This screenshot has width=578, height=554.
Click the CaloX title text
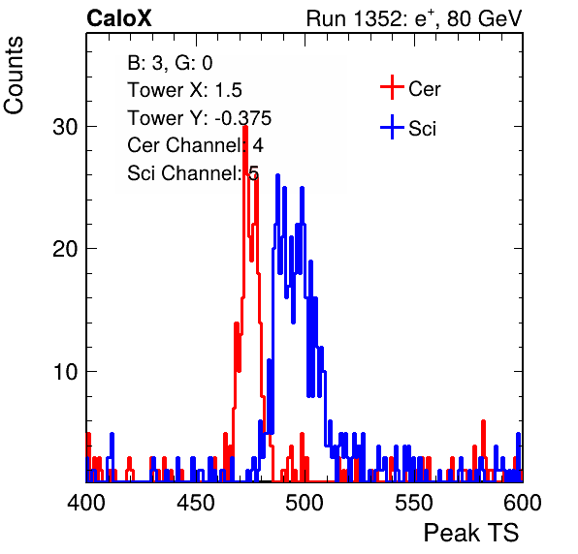click(x=119, y=18)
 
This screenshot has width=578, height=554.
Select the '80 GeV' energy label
click(x=484, y=18)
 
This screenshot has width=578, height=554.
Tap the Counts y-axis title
click(x=14, y=76)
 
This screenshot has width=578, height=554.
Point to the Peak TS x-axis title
click(x=471, y=533)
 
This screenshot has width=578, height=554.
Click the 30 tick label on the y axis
click(x=65, y=127)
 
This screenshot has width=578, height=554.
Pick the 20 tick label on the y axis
click(x=65, y=250)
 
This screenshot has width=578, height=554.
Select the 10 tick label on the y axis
click(x=65, y=372)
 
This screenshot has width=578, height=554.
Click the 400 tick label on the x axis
click(x=86, y=503)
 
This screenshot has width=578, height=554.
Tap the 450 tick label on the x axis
click(x=195, y=503)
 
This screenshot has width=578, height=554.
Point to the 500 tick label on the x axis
click(x=305, y=503)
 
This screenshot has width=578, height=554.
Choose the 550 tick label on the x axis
click(x=413, y=503)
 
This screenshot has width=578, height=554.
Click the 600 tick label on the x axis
click(x=523, y=503)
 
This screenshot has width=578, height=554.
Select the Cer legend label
click(x=424, y=89)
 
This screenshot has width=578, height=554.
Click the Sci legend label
click(x=422, y=129)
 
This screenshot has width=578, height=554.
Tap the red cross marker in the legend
click(x=392, y=87)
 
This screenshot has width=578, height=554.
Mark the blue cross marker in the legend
click(x=392, y=127)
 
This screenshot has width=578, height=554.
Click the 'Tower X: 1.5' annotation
click(x=184, y=90)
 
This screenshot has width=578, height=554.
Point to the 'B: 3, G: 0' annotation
click(x=170, y=63)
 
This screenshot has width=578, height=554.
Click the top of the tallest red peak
click(x=245, y=127)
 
